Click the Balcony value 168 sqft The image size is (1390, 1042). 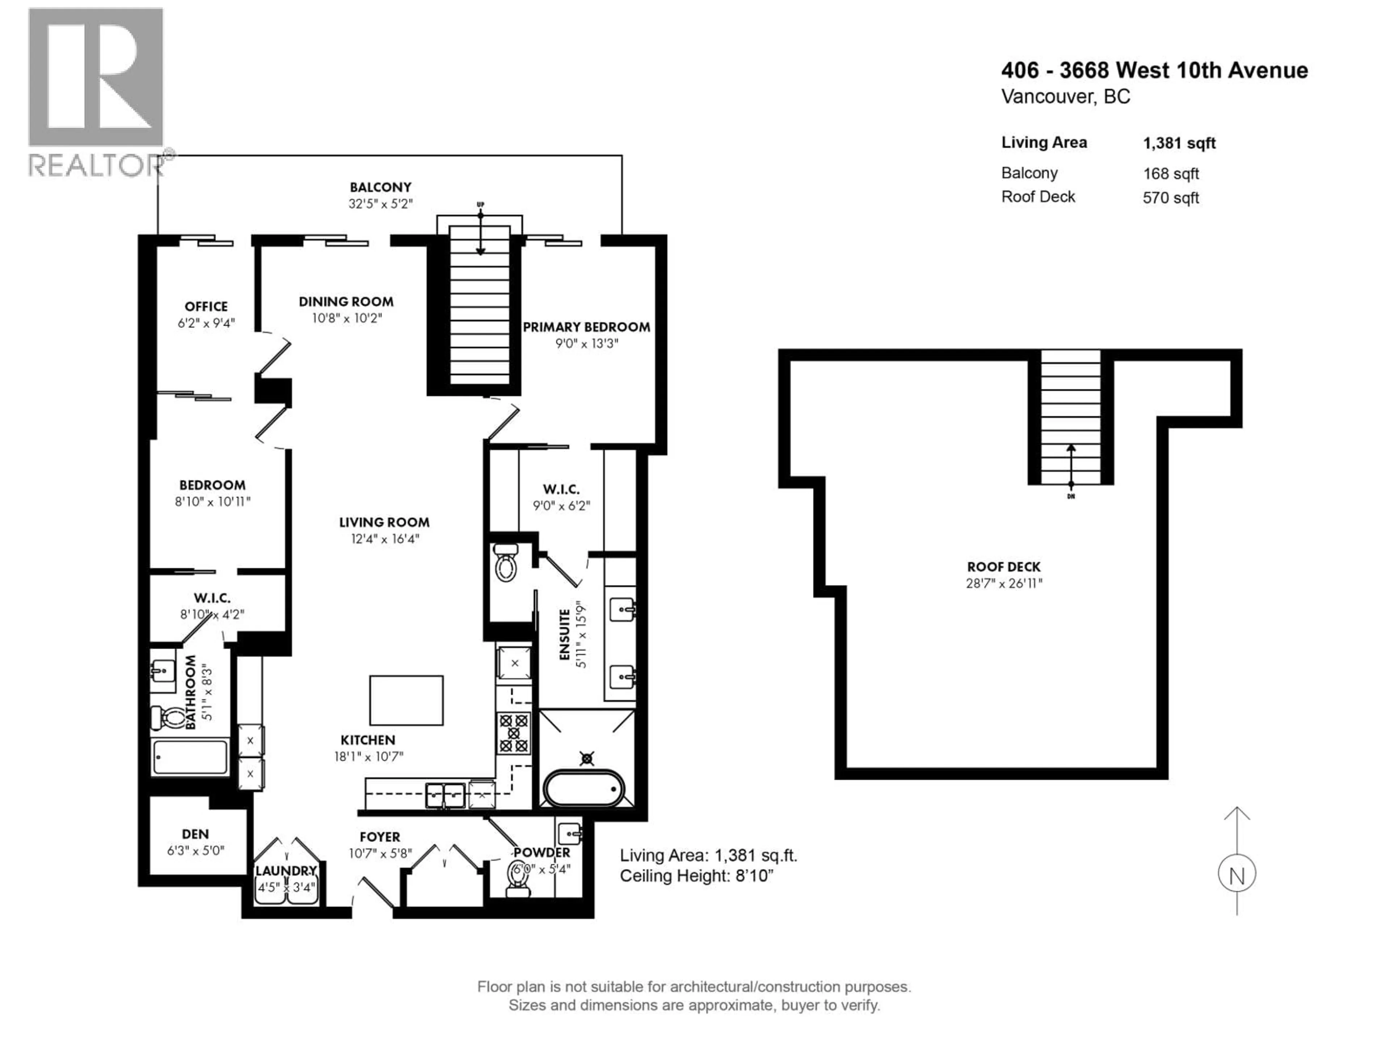point(1171,174)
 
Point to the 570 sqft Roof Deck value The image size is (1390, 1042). point(1171,198)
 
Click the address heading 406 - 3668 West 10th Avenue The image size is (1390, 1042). point(1154,70)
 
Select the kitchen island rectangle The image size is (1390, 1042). point(406,700)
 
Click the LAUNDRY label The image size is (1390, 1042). point(286,871)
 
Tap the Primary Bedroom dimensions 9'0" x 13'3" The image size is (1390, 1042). point(586,344)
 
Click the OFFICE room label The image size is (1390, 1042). point(206,306)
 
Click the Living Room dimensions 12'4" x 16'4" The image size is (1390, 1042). point(384,539)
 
